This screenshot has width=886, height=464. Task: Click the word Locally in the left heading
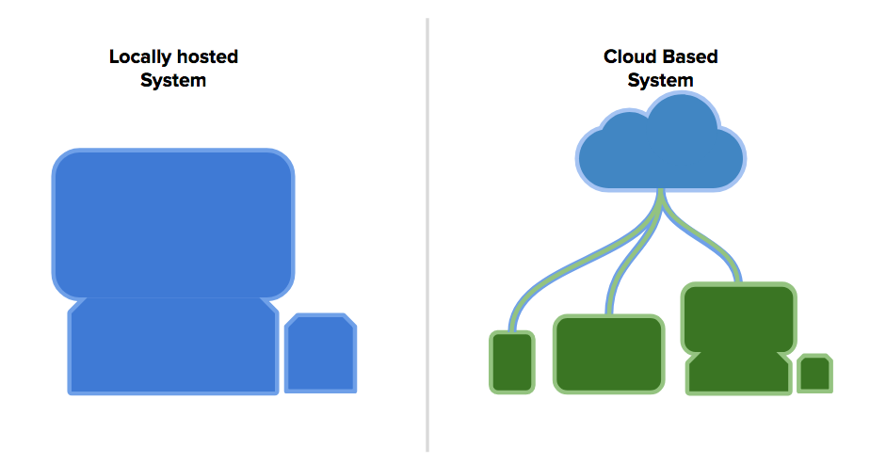139,57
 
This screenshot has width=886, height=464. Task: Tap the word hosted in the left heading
207,56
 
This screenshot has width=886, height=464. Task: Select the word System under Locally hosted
173,81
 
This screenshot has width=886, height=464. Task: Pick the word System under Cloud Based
660,81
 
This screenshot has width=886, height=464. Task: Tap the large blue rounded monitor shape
173,224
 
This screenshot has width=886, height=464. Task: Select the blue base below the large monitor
173,345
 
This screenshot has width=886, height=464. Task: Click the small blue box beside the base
320,353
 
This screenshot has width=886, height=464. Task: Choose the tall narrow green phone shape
512,362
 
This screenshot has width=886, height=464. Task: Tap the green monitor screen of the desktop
739,318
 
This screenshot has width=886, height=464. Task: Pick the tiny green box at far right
814,374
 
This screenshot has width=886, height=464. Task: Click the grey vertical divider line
427,234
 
